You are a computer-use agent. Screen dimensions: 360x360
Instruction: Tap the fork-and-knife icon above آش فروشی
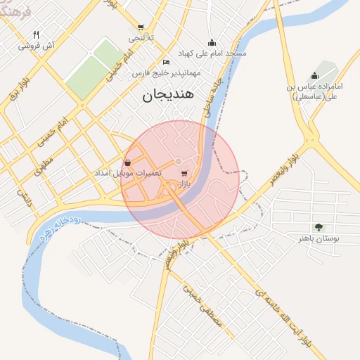[x=36, y=34]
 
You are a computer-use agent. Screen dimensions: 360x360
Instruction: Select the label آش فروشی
[x=37, y=46]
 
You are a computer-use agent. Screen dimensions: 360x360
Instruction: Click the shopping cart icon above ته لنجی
[x=141, y=27]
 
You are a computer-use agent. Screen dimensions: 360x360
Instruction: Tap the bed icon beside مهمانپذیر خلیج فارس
[x=166, y=61]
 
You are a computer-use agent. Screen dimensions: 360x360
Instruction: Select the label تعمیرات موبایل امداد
[x=128, y=173]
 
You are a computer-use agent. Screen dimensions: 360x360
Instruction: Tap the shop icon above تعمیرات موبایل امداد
[x=127, y=162]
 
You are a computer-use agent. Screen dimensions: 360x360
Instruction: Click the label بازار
[x=185, y=184]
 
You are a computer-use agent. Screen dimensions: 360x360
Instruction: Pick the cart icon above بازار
[x=184, y=173]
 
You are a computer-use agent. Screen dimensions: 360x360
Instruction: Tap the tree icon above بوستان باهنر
[x=319, y=227]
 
